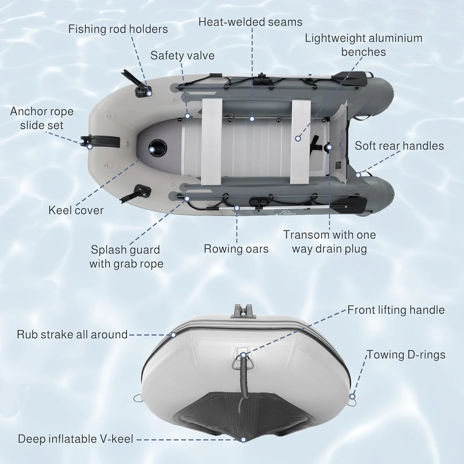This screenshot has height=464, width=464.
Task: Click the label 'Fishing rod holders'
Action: pos(118,29)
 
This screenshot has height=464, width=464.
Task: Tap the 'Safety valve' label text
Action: pos(182,55)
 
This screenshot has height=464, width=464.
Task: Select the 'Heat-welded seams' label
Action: pos(250,22)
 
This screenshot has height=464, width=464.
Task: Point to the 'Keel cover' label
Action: pos(76,210)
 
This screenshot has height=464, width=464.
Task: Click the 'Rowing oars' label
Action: pos(236,249)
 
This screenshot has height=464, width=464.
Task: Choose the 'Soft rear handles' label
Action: pos(399,146)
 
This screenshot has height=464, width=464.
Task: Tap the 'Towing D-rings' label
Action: pos(406,354)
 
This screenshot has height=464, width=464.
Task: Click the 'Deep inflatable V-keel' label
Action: pos(75,439)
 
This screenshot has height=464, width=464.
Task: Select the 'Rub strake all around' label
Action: pos(72,334)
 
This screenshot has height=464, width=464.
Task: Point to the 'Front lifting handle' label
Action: pos(396,310)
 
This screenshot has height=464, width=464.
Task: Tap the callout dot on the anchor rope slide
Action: pos(90,147)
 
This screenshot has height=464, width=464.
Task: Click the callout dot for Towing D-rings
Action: pos(352,397)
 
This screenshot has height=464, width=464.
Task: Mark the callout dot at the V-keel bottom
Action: pos(243,440)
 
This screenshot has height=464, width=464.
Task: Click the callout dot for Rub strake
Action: pos(173,335)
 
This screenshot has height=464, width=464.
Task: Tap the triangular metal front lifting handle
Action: pos(243,362)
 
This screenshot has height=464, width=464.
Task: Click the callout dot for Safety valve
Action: pos(187,116)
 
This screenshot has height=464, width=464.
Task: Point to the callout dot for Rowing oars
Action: pos(237,208)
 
